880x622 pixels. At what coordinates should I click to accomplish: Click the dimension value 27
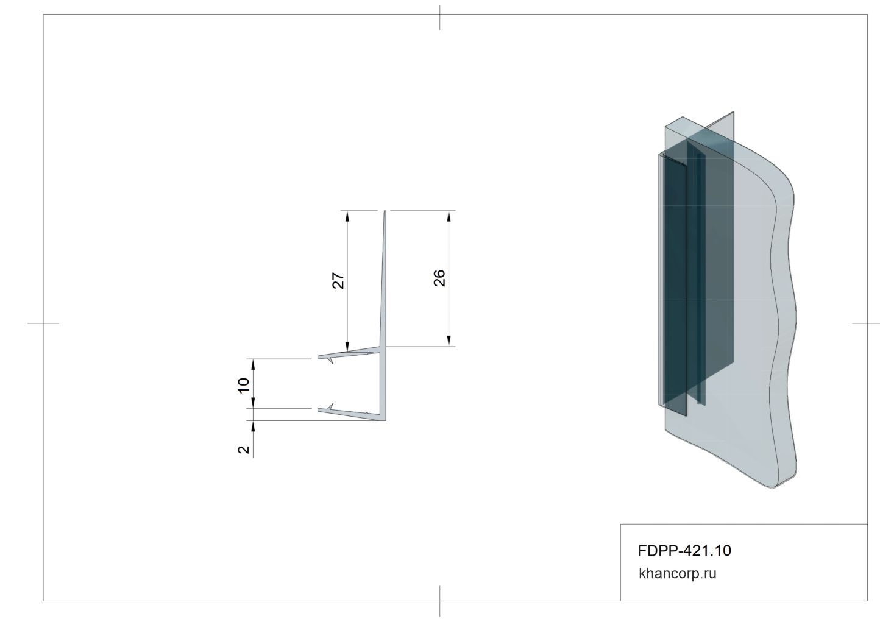click(x=339, y=280)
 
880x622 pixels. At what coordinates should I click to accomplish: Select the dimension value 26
click(x=440, y=278)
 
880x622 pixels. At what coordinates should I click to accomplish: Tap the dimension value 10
click(x=244, y=384)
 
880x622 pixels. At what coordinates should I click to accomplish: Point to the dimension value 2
click(x=244, y=450)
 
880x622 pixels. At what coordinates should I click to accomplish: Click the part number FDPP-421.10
click(x=684, y=551)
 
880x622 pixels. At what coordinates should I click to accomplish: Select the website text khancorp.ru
click(x=677, y=573)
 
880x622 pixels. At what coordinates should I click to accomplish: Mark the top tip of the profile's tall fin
click(x=385, y=213)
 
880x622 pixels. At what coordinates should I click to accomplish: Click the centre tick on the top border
click(x=440, y=17)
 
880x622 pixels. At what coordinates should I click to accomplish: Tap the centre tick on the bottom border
click(x=440, y=601)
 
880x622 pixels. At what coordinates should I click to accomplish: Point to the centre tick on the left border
click(x=43, y=323)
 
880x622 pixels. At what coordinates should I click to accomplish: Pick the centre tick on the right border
click(x=867, y=323)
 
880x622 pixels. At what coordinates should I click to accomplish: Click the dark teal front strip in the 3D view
click(x=675, y=286)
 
